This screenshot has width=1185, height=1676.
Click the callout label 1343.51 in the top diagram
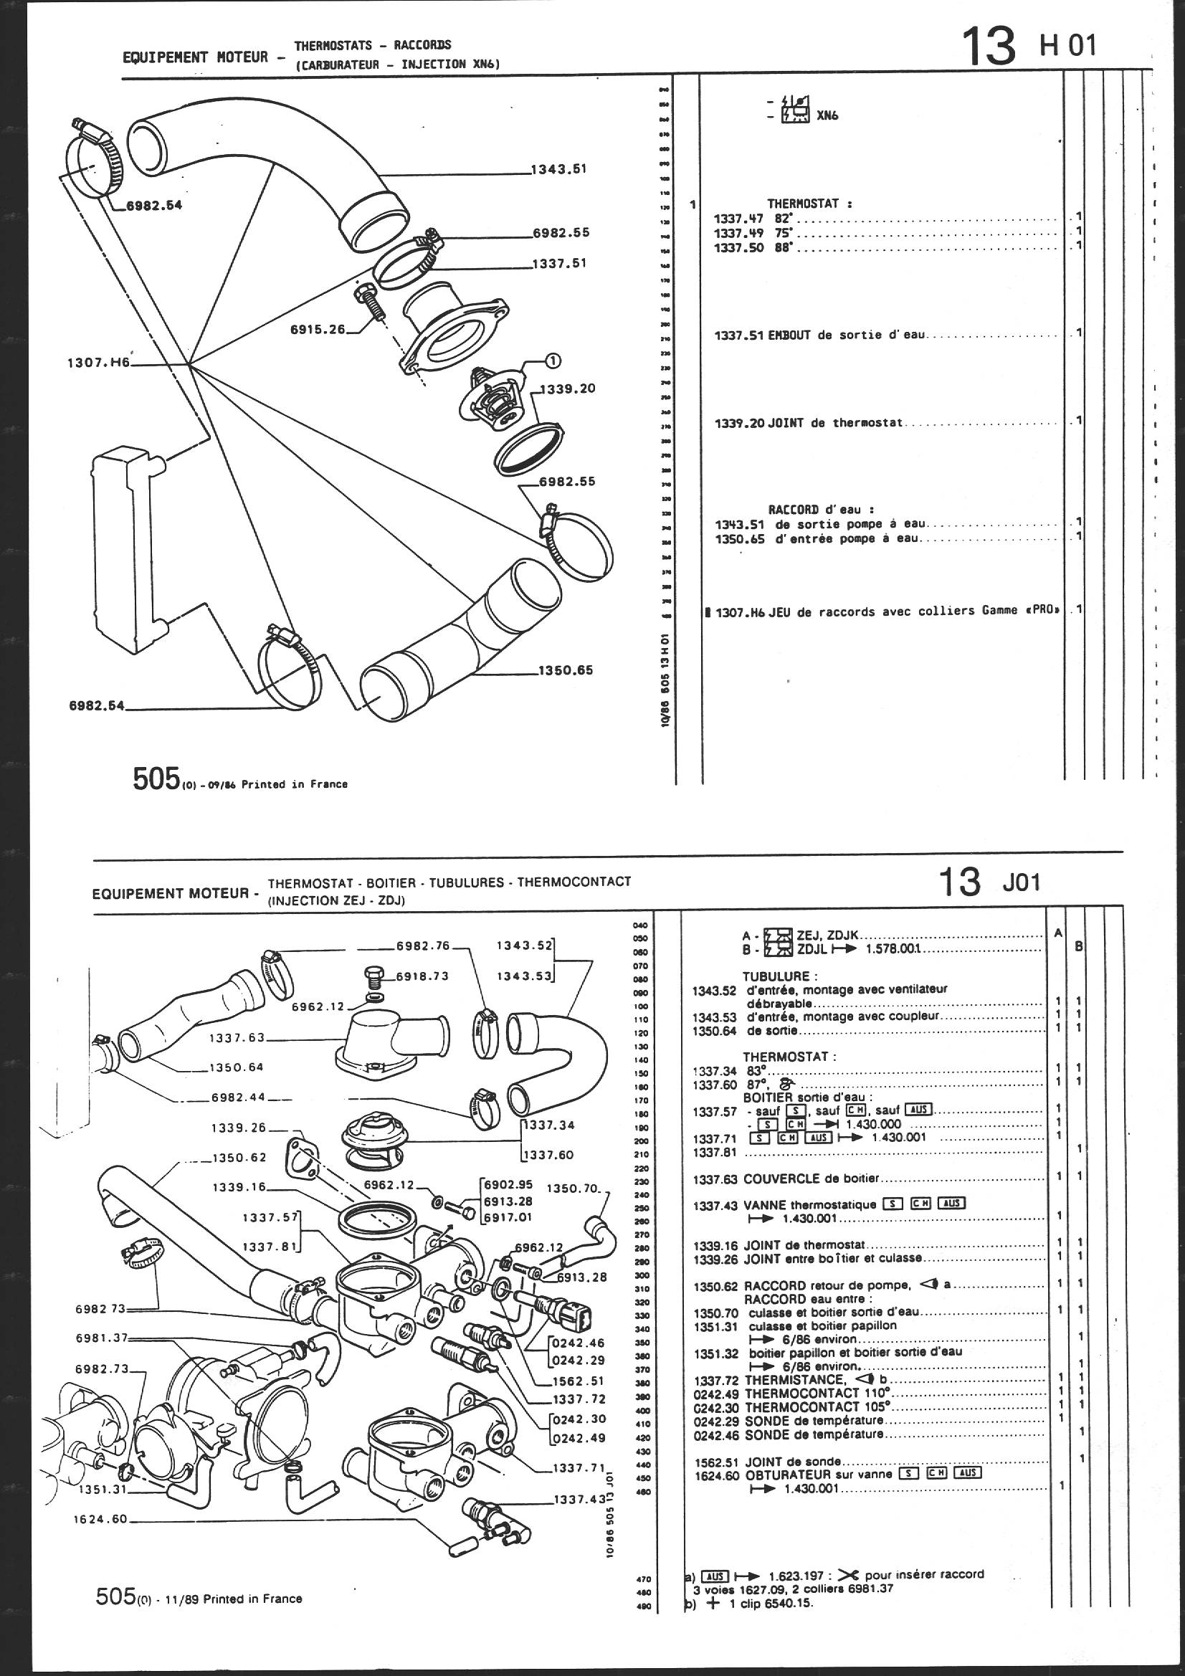(558, 169)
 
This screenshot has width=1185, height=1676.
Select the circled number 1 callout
(553, 360)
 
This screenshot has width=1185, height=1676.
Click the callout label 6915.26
(318, 329)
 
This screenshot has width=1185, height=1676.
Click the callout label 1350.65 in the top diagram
(566, 670)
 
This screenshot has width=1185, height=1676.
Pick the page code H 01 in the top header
(1067, 46)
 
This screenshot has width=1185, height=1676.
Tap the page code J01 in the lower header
(1021, 882)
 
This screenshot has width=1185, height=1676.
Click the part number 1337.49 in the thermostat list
(739, 233)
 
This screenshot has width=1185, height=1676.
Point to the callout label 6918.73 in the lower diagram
(422, 976)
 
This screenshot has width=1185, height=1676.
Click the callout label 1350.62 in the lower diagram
(239, 1157)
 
